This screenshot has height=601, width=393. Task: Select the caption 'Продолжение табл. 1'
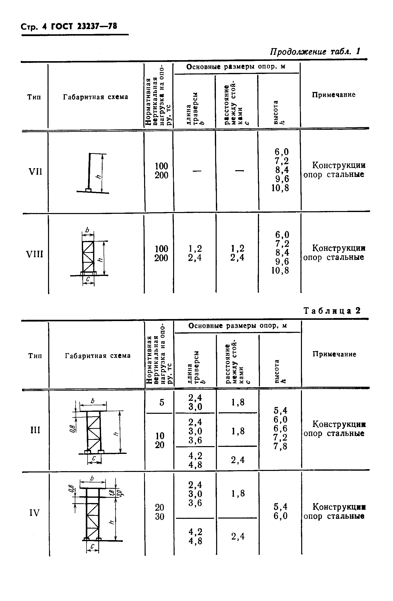315,52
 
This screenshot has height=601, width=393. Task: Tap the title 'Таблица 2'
332,311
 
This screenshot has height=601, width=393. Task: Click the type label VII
35,172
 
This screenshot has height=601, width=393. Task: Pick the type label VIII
35,254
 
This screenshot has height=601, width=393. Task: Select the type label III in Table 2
35,430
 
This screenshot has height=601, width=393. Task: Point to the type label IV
35,513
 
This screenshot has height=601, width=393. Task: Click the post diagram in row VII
92,173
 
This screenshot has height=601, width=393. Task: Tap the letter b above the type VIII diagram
88,230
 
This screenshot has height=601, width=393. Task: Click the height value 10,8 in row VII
280,188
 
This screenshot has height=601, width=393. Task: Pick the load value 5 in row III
162,402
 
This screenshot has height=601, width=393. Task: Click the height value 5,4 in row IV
280,507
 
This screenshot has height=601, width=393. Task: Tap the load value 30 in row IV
159,517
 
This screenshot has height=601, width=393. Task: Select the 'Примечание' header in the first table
333,95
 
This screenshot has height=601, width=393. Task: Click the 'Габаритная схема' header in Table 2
98,356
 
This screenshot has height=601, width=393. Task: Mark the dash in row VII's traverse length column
197,171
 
